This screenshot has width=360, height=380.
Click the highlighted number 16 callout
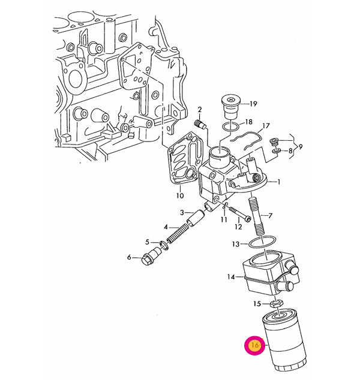tap(254, 345)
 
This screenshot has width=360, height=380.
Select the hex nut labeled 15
tap(277, 303)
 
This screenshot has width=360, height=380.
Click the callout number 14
tap(231, 277)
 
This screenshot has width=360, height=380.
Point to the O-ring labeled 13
tap(262, 242)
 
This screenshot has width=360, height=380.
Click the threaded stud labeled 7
tap(257, 217)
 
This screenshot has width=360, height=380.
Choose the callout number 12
tap(238, 227)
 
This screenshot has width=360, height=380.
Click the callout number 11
tap(224, 219)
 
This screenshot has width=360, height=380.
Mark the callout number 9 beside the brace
tap(301, 147)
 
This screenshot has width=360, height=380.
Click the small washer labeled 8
tap(276, 151)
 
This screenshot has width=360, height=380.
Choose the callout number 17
tap(266, 126)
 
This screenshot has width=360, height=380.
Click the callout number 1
tap(279, 182)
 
